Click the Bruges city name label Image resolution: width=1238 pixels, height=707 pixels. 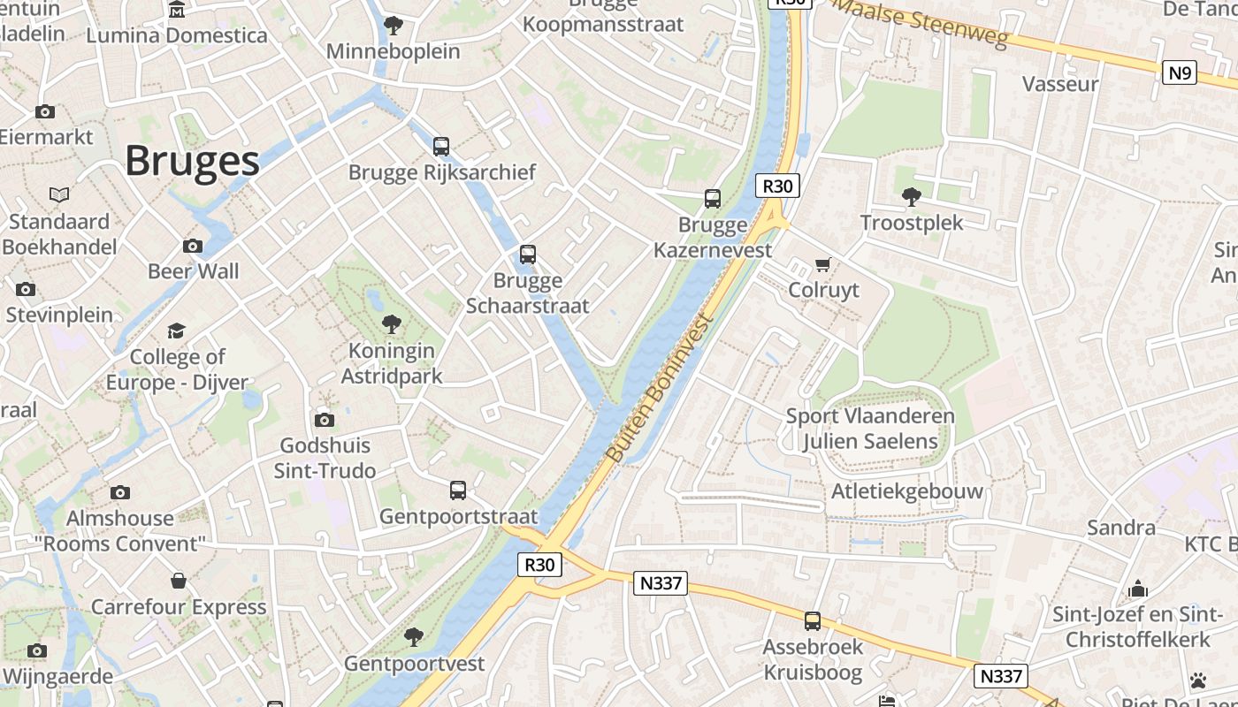pos(192,161)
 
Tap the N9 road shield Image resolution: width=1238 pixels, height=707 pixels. pos(1180,72)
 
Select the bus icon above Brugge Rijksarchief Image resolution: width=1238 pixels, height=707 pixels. pos(441,147)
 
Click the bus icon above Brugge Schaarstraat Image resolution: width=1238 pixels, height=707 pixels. pos(528,255)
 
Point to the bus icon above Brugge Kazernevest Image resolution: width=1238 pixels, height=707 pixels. pos(713,199)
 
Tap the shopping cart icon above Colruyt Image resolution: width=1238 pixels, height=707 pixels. pos(823,264)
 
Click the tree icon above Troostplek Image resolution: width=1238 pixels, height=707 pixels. pos(912,196)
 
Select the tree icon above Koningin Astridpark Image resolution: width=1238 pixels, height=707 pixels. pos(391,324)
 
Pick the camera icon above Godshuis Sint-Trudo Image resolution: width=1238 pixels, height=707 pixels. pos(325,420)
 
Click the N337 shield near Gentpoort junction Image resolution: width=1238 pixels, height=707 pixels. pos(660,583)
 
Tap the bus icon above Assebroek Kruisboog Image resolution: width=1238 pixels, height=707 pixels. pos(813,620)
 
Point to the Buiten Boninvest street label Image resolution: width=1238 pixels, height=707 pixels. pos(660,389)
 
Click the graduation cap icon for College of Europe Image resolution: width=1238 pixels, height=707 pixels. pos(177,331)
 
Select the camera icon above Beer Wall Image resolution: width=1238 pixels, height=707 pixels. pos(193,246)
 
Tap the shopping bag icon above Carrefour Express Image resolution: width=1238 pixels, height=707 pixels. pos(179,581)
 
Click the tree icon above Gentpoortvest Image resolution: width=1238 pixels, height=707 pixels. pos(413,636)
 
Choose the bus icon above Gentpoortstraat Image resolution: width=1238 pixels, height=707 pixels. pos(458,490)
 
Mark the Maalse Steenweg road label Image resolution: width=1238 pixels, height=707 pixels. pos(921,25)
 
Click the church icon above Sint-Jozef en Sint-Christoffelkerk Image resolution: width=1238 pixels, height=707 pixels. pos(1137,589)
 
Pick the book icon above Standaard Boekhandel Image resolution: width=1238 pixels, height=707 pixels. pos(59,194)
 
